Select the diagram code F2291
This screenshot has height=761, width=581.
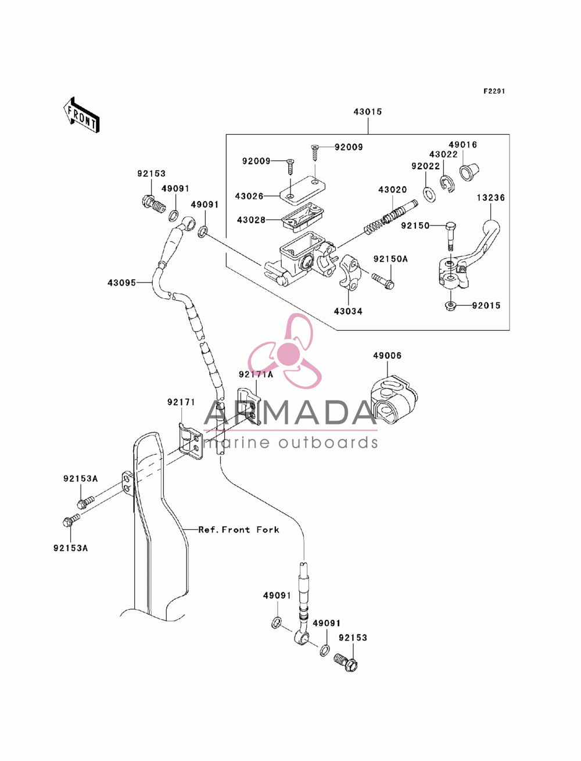coord(494,91)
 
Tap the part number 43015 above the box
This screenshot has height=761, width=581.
coord(368,112)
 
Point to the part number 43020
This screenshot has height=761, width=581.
coord(392,190)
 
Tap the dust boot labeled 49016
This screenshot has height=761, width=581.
coord(469,172)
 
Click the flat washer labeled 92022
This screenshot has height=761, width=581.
coord(429,195)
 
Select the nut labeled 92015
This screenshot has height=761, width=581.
coord(450,306)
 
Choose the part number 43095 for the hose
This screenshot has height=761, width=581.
coord(121,283)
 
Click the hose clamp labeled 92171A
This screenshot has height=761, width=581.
coord(248,406)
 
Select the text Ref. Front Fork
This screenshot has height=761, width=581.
coord(239,530)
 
